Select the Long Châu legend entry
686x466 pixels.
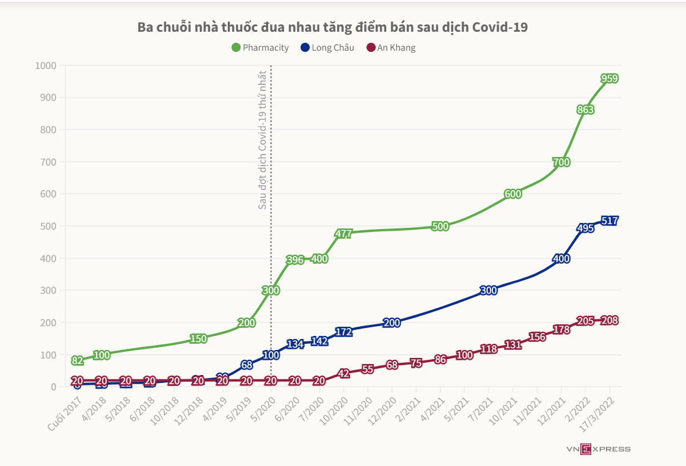point(327,48)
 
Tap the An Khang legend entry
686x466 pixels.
point(391,48)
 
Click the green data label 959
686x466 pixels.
point(610,78)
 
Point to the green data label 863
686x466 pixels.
point(585,110)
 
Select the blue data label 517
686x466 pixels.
point(610,220)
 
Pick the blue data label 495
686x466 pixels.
point(585,228)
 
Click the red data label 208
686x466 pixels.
point(610,320)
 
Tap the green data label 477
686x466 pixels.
point(343,233)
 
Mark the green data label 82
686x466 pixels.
point(77,360)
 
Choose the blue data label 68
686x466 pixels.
point(247,365)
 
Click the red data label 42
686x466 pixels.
point(343,373)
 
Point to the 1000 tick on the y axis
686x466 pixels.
point(46,65)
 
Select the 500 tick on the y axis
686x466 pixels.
point(48,226)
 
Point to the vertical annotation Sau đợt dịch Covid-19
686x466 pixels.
point(263,140)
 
